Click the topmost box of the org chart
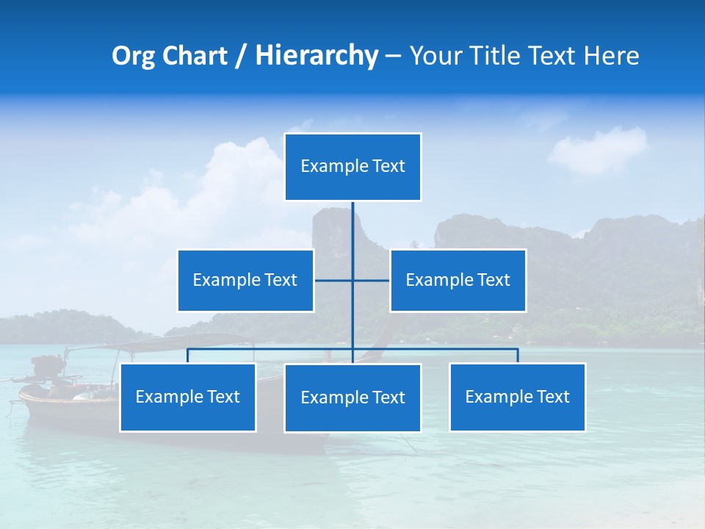point(352,167)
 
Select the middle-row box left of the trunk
point(245,280)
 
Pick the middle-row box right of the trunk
point(458,280)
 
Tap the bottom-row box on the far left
point(187,397)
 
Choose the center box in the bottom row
point(352,397)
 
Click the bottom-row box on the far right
point(517,397)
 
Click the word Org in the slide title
point(134,56)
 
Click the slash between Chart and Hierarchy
point(242,57)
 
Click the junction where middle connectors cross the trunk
point(352,280)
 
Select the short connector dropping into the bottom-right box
point(517,356)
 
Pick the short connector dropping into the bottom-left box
point(187,356)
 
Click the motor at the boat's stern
point(48,367)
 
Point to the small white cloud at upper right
point(599,149)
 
